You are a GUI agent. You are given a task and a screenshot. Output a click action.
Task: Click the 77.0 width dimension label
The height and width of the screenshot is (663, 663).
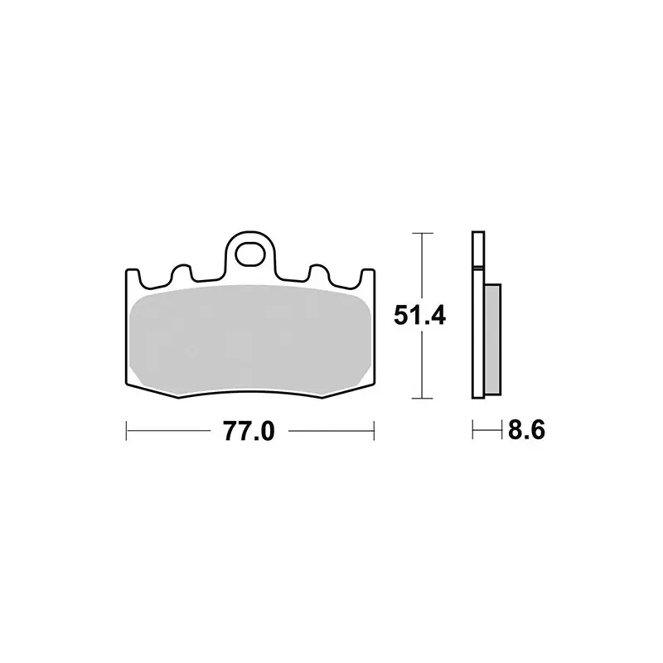[249, 431]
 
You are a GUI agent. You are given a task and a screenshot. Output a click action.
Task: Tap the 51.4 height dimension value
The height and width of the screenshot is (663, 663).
[419, 316]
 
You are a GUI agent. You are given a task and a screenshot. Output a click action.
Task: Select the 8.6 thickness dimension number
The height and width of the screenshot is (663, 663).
[526, 430]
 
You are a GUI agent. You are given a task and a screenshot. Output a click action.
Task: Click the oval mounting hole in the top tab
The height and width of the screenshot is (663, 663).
[250, 255]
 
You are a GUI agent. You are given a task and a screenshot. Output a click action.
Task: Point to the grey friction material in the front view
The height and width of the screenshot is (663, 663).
[250, 337]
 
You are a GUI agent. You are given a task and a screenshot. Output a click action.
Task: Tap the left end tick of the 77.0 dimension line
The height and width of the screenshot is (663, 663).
[127, 431]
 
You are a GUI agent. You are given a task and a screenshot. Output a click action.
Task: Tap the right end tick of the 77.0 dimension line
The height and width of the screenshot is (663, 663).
[374, 431]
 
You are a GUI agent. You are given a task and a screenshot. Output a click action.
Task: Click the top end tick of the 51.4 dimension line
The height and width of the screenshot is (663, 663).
[422, 233]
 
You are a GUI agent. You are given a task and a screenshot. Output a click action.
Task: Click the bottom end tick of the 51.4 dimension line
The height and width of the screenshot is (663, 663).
[422, 399]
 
